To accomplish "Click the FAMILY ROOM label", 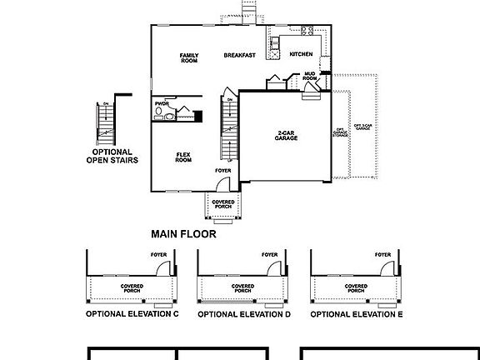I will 188,58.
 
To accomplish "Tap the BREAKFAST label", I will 240,55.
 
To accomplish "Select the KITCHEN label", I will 301,55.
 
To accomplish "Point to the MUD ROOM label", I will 309,77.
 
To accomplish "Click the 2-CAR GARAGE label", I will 287,135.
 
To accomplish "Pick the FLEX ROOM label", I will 183,156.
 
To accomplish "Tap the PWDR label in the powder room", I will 162,104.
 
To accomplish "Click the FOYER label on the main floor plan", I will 222,171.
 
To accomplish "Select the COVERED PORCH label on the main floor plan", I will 223,203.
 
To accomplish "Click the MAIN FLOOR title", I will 183,234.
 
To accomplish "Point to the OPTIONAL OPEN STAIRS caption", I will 112,156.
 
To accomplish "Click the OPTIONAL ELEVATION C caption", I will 132,315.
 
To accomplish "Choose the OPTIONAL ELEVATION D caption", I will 244,315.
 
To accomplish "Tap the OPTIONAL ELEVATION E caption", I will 356,315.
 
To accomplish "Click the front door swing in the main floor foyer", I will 228,185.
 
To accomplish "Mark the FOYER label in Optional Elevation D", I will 269,255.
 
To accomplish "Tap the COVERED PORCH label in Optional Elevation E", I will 356,287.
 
